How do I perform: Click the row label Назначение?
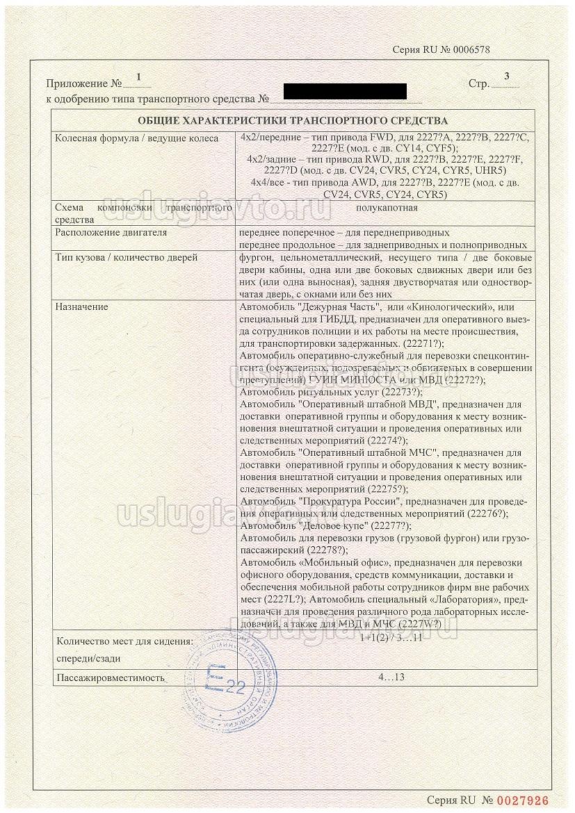81,306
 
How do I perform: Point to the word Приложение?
72,83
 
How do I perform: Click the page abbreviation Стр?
478,84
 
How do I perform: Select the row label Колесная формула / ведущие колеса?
136,138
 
